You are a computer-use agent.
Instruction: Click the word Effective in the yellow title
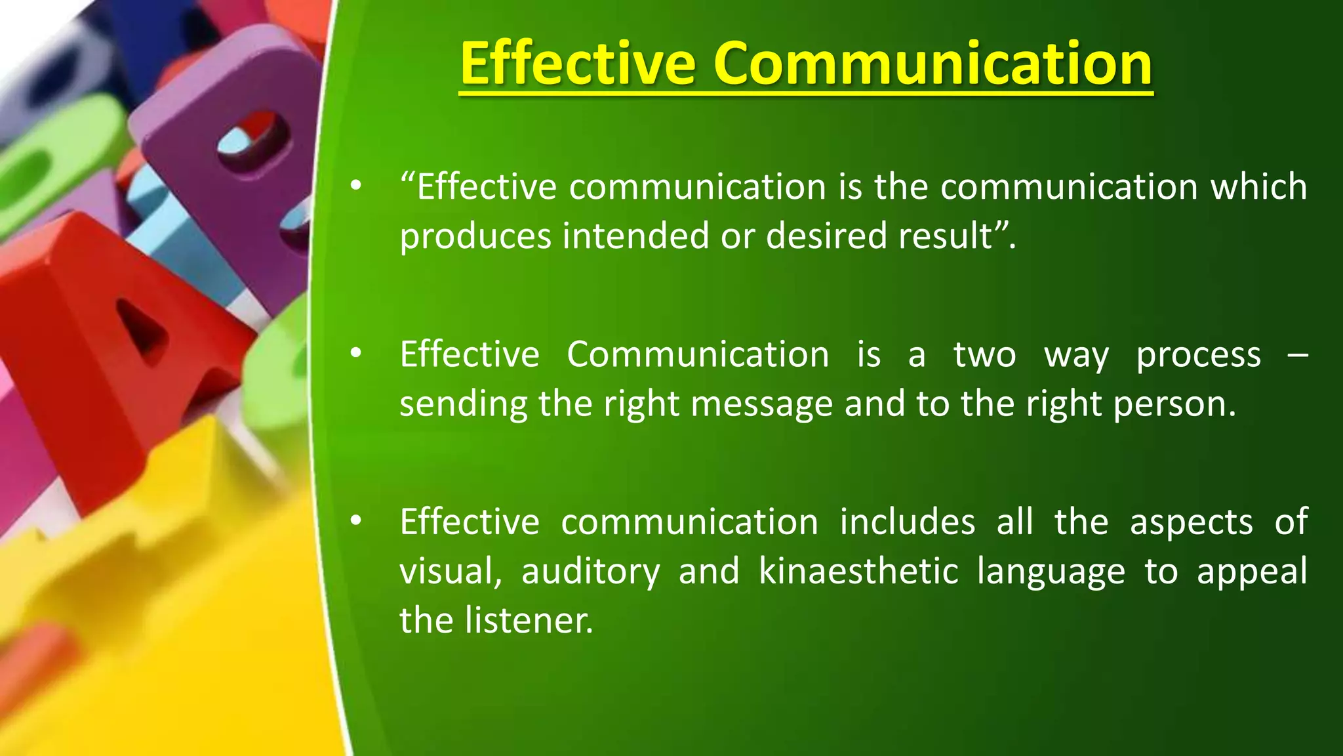pos(577,64)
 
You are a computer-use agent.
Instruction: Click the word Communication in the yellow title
pos(932,64)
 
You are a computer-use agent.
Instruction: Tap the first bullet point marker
pos(355,187)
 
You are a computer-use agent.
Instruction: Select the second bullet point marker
pos(355,354)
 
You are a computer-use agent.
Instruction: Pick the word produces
pos(475,236)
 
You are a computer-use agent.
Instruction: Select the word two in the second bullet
pos(984,355)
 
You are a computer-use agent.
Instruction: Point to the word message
pos(761,405)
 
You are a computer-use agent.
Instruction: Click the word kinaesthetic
pos(859,572)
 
